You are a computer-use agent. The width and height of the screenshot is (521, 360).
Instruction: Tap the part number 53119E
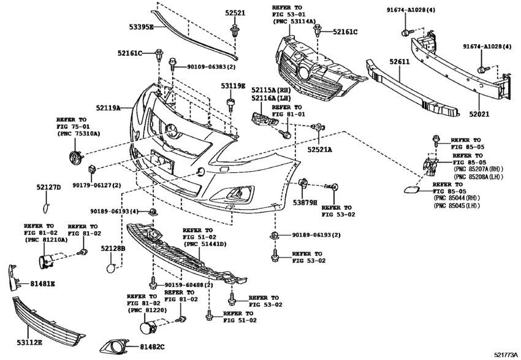[234, 86]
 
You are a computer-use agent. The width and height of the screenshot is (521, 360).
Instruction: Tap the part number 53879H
[305, 201]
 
